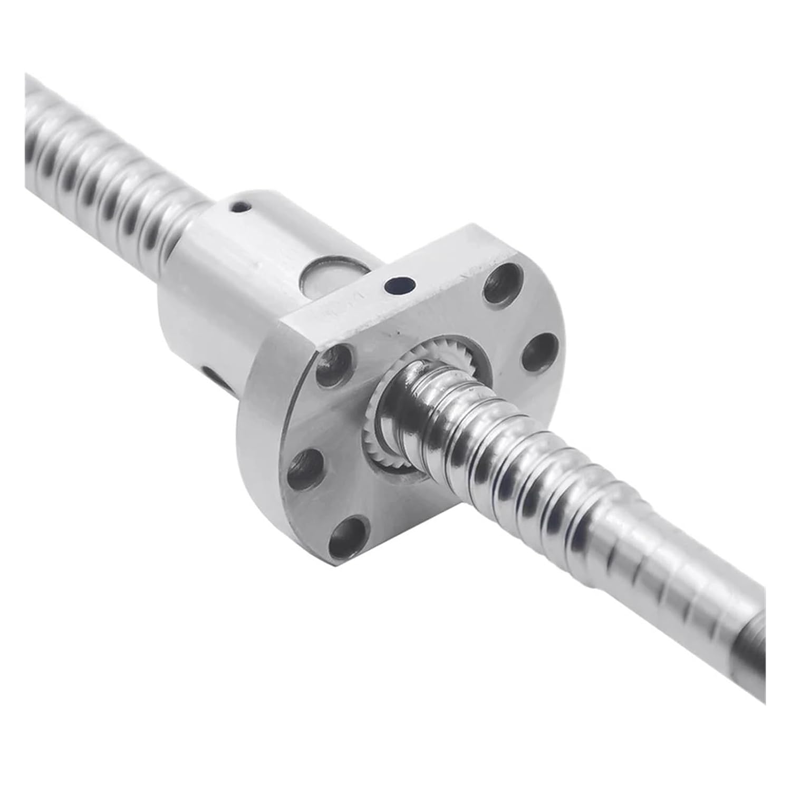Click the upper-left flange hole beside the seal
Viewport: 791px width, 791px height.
click(331, 366)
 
